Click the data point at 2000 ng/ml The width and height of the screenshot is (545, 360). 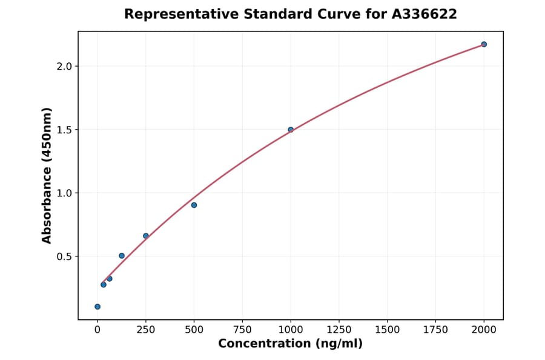pyautogui.click(x=484, y=44)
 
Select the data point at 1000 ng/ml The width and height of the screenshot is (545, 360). pyautogui.click(x=291, y=130)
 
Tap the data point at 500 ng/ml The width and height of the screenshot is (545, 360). pyautogui.click(x=194, y=205)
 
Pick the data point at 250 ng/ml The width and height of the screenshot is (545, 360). pyautogui.click(x=146, y=236)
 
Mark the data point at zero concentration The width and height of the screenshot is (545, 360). pyautogui.click(x=97, y=307)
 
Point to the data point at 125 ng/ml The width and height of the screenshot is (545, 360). pyautogui.click(x=122, y=256)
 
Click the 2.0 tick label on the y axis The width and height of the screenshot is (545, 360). pyautogui.click(x=63, y=66)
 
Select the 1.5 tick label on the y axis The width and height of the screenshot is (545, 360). pyautogui.click(x=63, y=130)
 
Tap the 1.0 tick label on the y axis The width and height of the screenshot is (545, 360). pyautogui.click(x=63, y=193)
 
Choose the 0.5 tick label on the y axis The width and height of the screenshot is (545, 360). pyautogui.click(x=63, y=256)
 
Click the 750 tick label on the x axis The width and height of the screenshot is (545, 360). pyautogui.click(x=242, y=330)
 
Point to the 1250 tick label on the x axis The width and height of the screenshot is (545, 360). pyautogui.click(x=339, y=330)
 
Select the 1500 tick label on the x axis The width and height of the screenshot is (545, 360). pyautogui.click(x=388, y=330)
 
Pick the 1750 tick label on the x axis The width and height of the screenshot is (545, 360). pyautogui.click(x=435, y=330)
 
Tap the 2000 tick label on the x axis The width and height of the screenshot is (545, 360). pyautogui.click(x=484, y=330)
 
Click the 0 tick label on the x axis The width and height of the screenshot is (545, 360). pyautogui.click(x=97, y=330)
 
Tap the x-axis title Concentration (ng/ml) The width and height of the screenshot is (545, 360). pyautogui.click(x=290, y=344)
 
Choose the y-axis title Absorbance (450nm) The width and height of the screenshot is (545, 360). pyautogui.click(x=47, y=175)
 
